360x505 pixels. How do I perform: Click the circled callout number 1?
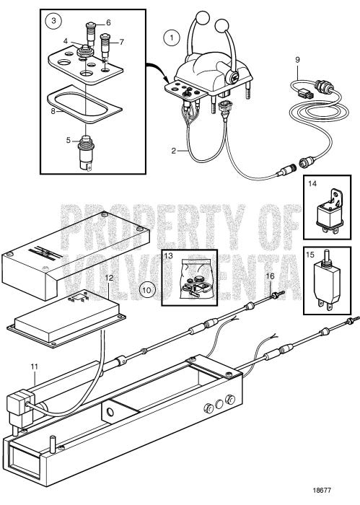(172, 38)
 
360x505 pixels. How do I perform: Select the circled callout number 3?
(53, 21)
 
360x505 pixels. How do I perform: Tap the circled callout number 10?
(146, 290)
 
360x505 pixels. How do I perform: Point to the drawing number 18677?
(321, 490)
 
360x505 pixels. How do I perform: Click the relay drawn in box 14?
(328, 211)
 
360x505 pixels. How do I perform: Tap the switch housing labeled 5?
(84, 153)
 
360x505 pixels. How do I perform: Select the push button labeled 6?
(91, 33)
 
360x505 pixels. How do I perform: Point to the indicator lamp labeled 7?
(105, 47)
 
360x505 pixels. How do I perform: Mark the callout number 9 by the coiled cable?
(297, 60)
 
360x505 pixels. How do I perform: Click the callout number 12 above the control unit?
(110, 278)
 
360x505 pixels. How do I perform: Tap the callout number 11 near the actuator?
(34, 366)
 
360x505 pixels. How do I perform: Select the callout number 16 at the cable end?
(270, 276)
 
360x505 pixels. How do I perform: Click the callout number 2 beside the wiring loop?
(174, 150)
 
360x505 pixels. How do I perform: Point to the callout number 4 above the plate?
(66, 41)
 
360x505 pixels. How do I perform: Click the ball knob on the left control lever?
(203, 17)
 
